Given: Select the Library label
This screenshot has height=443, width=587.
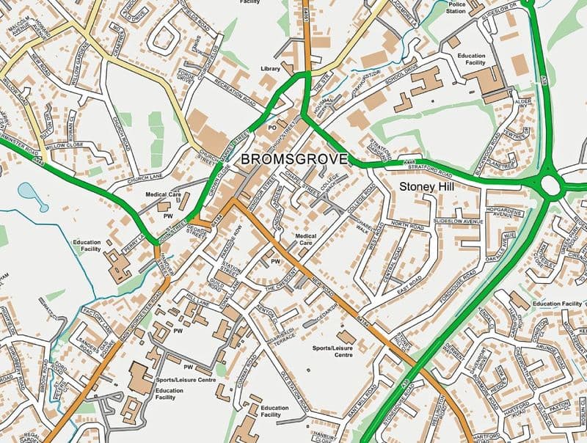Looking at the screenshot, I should click(271, 69).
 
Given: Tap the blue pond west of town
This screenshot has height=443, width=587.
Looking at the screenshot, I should click(32, 195).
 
